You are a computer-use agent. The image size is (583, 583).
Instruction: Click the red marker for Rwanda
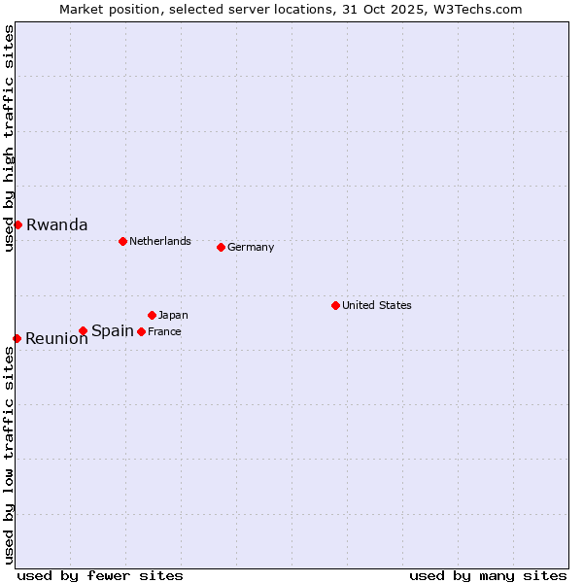pyautogui.click(x=17, y=224)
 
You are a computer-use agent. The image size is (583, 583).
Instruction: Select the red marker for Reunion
pyautogui.click(x=17, y=338)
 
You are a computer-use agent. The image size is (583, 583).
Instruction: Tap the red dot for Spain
pyautogui.click(x=84, y=331)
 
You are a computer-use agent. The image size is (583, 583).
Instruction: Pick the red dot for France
pyautogui.click(x=142, y=331)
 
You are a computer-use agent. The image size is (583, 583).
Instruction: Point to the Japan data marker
pyautogui.click(x=153, y=315)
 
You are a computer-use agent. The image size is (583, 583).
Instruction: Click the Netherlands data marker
pyautogui.click(x=122, y=241)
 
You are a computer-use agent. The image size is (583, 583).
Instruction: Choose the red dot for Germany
pyautogui.click(x=221, y=247)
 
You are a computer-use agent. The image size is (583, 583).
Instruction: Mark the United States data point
pyautogui.click(x=335, y=305)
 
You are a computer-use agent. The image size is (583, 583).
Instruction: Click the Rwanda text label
pyautogui.click(x=57, y=224)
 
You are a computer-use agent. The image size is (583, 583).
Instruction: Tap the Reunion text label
pyautogui.click(x=56, y=339)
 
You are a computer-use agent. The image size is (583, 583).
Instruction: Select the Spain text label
pyautogui.click(x=113, y=331)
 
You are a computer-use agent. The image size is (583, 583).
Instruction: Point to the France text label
pyautogui.click(x=165, y=332)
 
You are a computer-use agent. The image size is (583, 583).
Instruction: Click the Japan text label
pyautogui.click(x=174, y=316)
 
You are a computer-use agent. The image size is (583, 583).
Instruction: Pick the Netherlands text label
pyautogui.click(x=160, y=242)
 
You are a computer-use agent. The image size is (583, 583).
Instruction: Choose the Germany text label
pyautogui.click(x=251, y=248)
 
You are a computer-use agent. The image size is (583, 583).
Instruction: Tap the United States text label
pyautogui.click(x=377, y=306)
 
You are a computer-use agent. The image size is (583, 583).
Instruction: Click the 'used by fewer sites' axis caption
pyautogui.click(x=100, y=575)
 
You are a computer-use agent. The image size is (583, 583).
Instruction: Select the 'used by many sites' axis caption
pyautogui.click(x=488, y=575)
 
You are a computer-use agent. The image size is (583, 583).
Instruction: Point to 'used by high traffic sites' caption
pyautogui.click(x=10, y=138)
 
